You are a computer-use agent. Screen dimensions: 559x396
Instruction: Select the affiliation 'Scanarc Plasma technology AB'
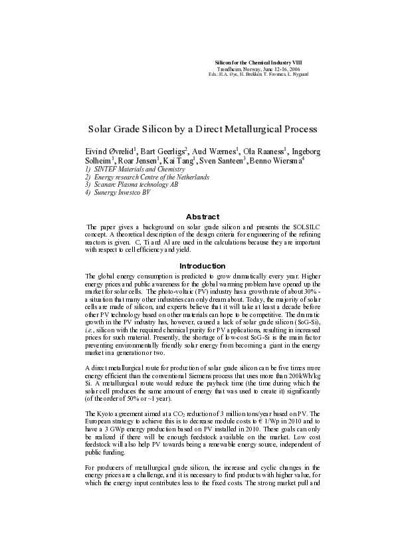tap(126, 185)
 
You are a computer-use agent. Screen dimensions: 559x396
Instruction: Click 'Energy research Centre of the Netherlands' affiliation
tap(142, 177)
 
